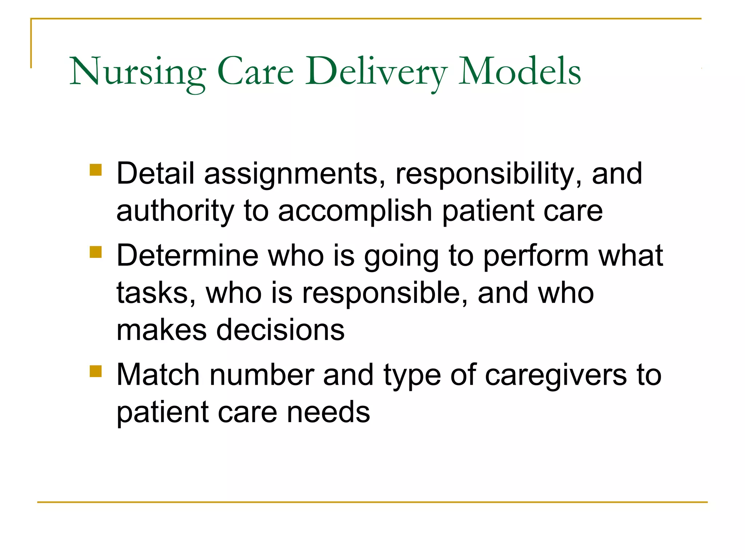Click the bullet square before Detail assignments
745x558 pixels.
click(96, 170)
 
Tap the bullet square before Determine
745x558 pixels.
click(96, 252)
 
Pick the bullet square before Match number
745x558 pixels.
click(96, 371)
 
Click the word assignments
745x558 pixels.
click(295, 174)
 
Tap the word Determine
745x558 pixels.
click(187, 256)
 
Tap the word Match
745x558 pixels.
click(158, 375)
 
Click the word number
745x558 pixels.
click(262, 375)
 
